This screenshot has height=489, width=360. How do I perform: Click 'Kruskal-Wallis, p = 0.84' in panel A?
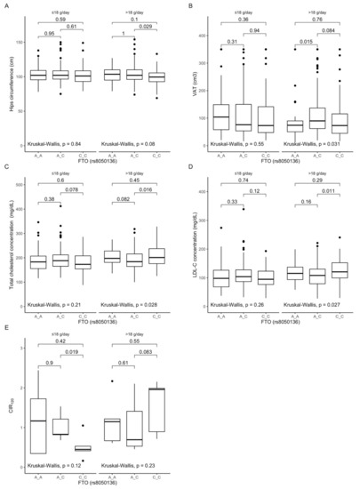(x=59, y=143)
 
